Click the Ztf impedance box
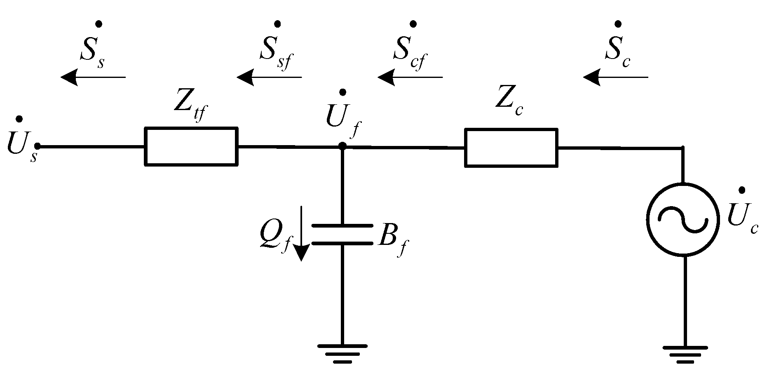191,147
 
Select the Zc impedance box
511,148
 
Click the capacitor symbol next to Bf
342,235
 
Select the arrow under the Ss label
93,77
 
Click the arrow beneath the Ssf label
269,77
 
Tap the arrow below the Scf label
410,77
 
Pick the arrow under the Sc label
615,77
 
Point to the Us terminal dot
38,146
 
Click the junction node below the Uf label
342,146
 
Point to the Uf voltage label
342,117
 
